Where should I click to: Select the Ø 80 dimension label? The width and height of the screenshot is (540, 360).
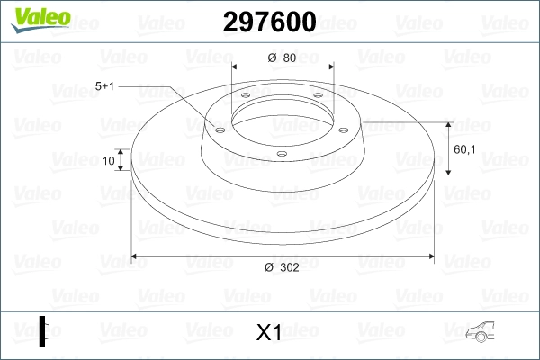click(283, 59)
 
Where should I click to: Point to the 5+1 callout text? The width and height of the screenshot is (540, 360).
click(106, 85)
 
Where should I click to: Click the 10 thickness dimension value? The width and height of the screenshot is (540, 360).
click(110, 162)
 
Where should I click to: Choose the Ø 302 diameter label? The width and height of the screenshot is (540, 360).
click(283, 266)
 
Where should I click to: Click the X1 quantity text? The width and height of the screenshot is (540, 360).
click(269, 333)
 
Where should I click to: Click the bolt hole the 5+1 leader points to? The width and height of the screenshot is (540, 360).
click(219, 129)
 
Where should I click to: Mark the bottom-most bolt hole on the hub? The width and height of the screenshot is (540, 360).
click(282, 154)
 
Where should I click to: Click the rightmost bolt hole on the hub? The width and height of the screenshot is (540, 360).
click(345, 128)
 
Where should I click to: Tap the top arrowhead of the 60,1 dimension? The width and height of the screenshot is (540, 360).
click(447, 124)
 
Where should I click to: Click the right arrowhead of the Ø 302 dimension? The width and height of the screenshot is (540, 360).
click(429, 256)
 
